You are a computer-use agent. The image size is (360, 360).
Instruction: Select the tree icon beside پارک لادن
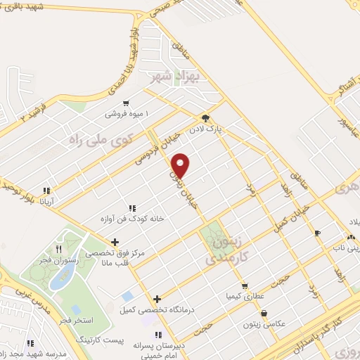[x=205, y=118]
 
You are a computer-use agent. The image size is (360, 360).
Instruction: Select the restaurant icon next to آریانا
[x=46, y=190]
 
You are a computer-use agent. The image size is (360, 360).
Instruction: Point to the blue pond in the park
[x=60, y=278]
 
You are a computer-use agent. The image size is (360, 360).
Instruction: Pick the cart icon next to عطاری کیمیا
[x=245, y=285]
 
